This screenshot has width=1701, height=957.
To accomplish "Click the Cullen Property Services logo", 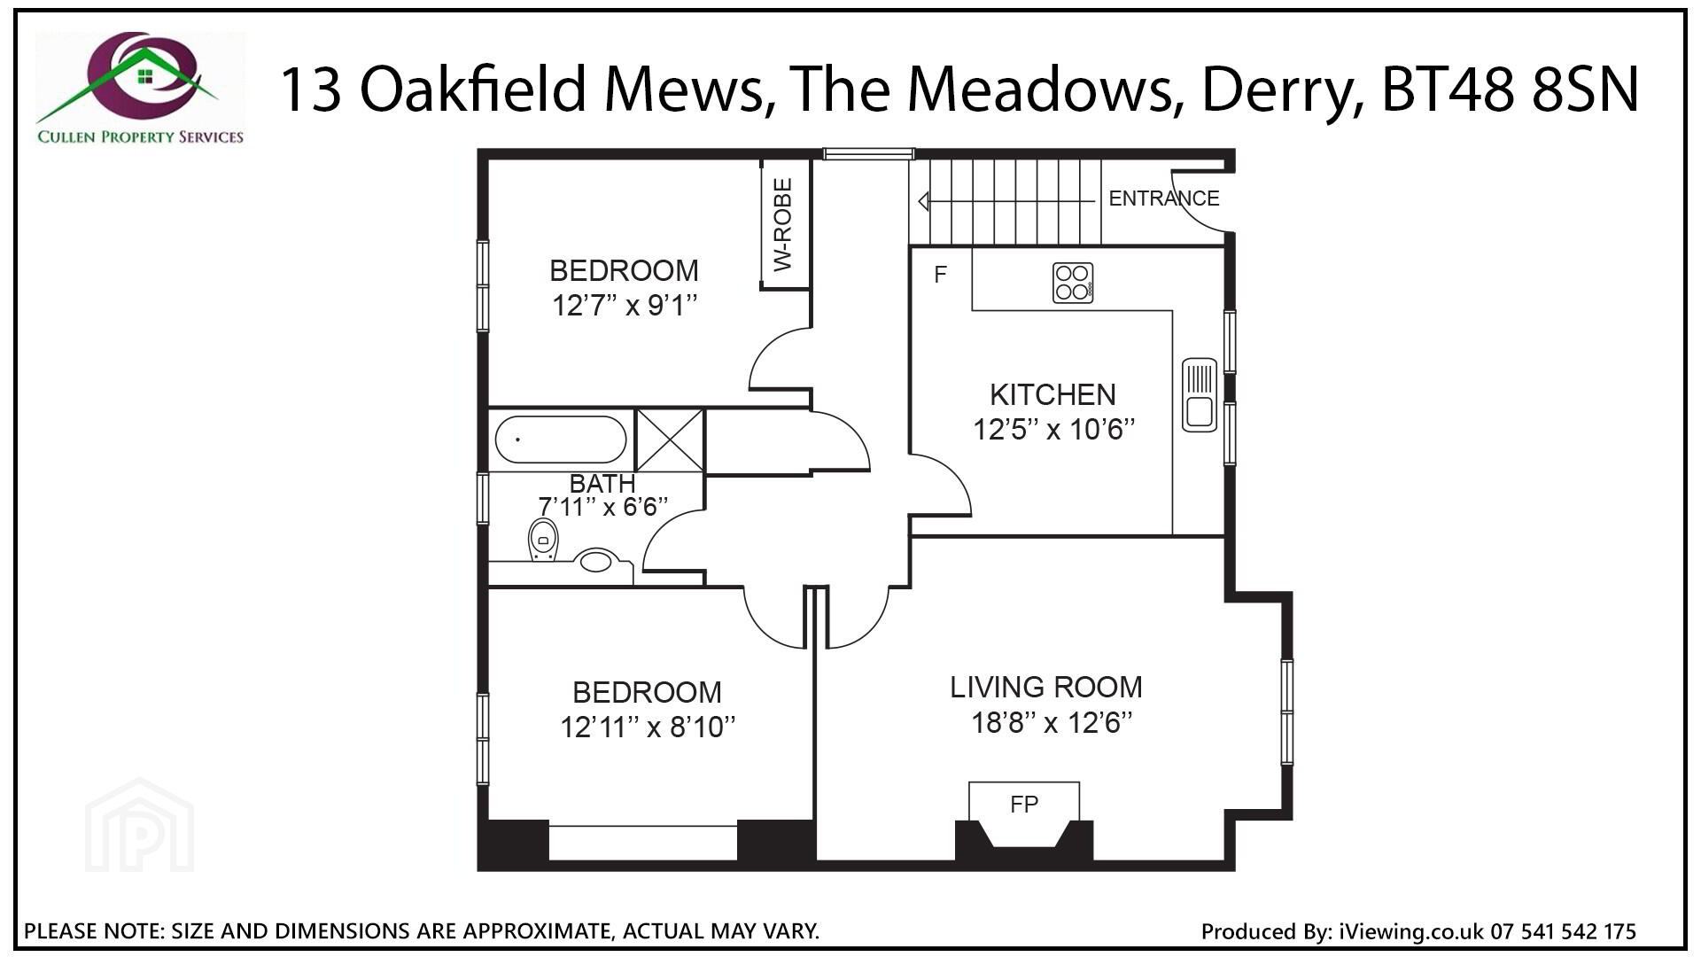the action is [140, 89].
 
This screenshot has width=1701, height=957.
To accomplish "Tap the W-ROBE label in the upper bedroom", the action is [782, 225].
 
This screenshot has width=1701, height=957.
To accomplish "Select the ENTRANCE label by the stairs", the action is [1164, 198].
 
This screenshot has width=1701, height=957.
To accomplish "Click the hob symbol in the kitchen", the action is [1072, 283].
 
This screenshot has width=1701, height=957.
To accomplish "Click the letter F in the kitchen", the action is [941, 275].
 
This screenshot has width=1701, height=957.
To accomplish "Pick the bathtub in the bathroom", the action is [560, 440].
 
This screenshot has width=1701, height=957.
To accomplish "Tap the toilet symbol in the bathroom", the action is [543, 540].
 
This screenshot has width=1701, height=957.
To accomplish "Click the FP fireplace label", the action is [1024, 805].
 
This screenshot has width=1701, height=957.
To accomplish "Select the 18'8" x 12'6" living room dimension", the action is [1052, 723].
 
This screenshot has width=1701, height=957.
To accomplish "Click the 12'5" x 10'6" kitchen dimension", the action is [1054, 430].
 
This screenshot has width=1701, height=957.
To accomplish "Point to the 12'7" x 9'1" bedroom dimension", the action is [625, 306].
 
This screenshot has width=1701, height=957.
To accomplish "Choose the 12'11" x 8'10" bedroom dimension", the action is [648, 727].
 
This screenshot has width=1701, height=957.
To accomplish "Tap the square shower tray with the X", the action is [670, 440].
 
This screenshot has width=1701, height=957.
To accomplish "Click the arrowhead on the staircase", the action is [923, 201].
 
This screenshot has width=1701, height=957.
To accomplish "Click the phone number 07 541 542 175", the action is [1564, 931].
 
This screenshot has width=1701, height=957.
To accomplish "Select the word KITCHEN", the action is [1052, 394].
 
